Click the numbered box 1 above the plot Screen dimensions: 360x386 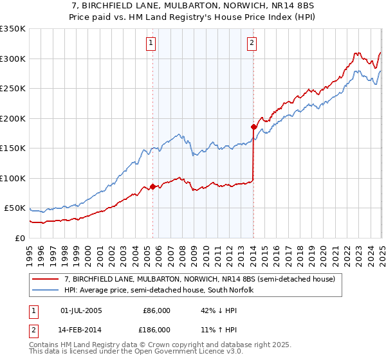150,43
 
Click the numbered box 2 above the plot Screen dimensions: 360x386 251,43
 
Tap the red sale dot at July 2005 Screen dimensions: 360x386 153,186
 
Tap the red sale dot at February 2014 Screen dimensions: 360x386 254,127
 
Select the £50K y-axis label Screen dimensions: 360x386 15,208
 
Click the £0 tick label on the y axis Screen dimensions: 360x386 21,238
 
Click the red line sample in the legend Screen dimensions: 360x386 45,279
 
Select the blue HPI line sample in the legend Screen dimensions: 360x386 45,290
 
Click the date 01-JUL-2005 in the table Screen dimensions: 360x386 81,310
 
